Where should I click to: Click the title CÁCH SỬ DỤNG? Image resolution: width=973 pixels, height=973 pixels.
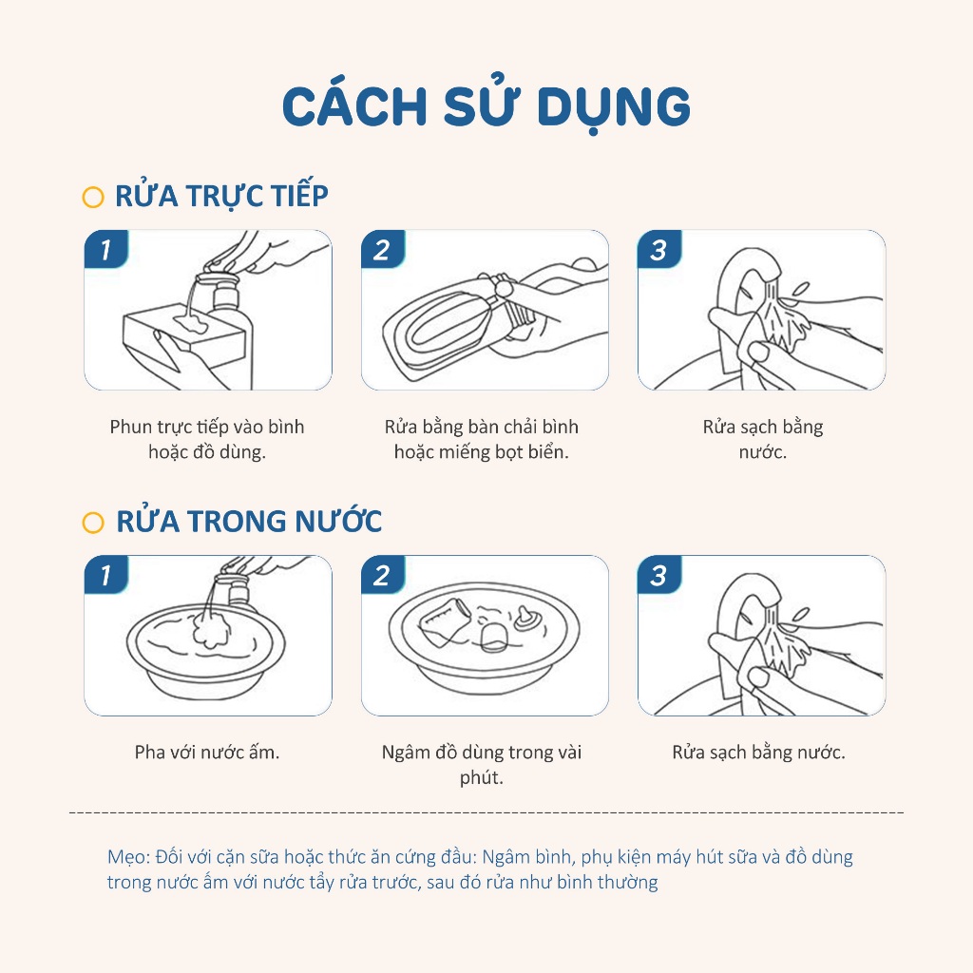pos(486,106)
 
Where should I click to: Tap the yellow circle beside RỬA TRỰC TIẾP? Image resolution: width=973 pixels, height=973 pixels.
pos(93,198)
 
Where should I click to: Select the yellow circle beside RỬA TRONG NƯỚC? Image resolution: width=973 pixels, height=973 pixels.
pos(93,523)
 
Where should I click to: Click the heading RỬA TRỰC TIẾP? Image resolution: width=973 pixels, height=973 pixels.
pos(221,195)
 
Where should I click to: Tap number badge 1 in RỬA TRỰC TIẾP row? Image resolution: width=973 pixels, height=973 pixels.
pos(106,249)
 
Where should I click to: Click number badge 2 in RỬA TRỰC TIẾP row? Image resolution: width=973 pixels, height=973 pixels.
pos(383,249)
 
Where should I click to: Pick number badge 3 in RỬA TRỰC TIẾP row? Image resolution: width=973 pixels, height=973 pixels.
pos(659,249)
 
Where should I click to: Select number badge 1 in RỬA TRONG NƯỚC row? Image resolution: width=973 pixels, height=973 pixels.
pos(106,575)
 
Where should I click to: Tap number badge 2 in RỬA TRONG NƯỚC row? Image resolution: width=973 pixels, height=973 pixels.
pos(383,575)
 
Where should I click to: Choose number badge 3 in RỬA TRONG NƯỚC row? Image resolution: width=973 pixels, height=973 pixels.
pos(659,575)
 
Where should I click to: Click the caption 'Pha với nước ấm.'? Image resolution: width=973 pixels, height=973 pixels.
pos(207,753)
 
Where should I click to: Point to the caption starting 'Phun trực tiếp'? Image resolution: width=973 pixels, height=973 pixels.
pos(207,439)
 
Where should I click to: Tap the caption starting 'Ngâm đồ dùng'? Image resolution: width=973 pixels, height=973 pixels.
pos(482,765)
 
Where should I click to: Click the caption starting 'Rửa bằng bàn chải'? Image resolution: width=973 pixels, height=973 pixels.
pos(482,439)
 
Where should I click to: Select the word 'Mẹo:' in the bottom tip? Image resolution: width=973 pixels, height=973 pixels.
pos(128,857)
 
